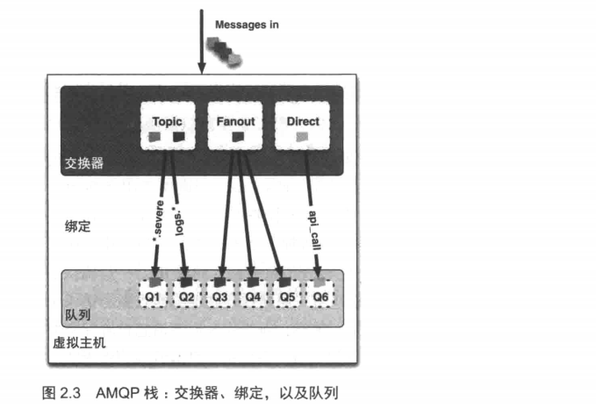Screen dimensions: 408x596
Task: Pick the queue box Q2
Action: (x=186, y=292)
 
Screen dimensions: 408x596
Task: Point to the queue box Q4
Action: (x=254, y=292)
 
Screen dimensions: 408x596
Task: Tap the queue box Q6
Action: (x=320, y=292)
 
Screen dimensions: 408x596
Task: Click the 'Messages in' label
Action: (x=247, y=25)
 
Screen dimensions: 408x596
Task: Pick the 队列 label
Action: (x=78, y=313)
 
